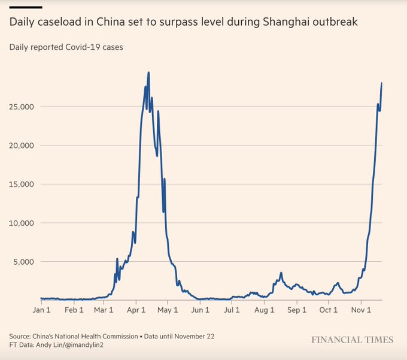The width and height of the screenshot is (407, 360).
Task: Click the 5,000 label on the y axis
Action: [x=24, y=262]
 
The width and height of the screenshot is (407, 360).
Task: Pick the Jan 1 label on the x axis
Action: [x=41, y=310]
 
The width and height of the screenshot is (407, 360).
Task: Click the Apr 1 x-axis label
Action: [x=136, y=310]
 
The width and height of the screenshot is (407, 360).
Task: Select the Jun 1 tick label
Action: [x=201, y=310]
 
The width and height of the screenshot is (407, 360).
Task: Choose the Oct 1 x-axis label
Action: [x=329, y=310]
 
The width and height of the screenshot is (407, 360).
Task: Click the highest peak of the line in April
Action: [x=148, y=73]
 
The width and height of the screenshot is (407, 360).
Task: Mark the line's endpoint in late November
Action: [x=381, y=83]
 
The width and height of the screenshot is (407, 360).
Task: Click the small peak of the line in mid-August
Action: [x=281, y=273]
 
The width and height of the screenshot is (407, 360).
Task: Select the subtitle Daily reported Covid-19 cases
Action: [x=66, y=47]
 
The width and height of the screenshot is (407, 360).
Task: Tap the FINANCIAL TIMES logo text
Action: [x=352, y=340]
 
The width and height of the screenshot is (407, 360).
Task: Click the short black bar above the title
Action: [x=25, y=7]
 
